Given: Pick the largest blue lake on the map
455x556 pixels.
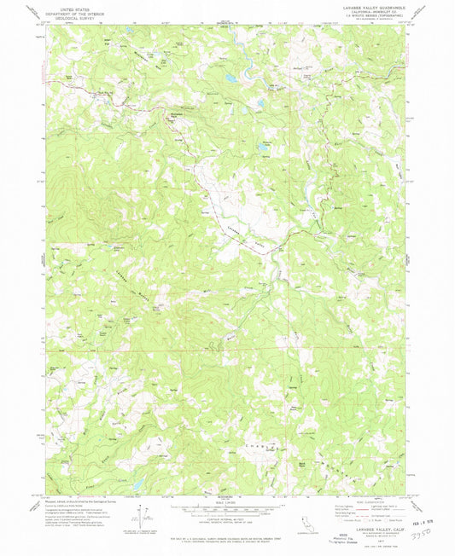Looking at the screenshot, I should click(229, 79).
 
